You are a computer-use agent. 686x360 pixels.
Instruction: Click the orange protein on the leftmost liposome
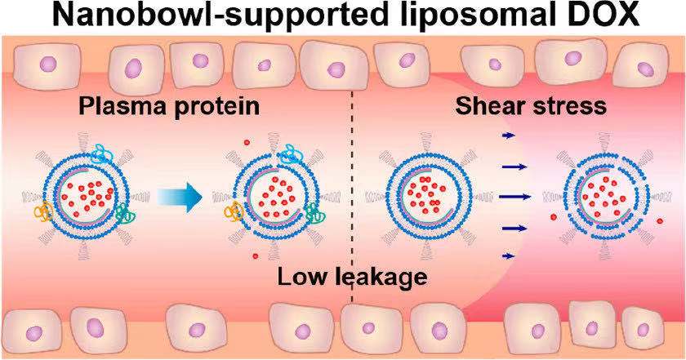[43, 214]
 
